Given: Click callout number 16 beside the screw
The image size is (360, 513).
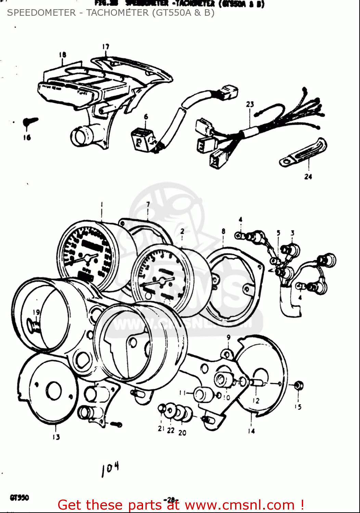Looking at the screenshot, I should (27, 137).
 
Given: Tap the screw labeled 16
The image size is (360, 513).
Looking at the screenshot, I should (30, 122).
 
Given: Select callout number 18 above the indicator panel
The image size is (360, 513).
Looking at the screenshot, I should (62, 55).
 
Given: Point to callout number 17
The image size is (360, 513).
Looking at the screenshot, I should (105, 47).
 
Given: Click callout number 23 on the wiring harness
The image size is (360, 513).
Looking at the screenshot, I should (250, 104).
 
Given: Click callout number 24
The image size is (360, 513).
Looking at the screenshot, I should (308, 176).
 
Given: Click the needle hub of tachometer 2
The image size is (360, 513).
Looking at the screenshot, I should (161, 282).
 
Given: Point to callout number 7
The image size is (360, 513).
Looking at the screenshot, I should (148, 204).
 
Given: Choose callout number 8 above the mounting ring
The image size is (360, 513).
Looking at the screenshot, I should (223, 231).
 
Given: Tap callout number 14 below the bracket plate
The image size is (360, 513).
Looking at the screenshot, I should (252, 431).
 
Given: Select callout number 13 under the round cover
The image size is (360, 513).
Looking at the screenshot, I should (56, 437).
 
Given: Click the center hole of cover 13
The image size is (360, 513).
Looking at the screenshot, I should (54, 390).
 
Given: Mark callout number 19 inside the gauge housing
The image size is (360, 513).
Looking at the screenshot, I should (36, 312).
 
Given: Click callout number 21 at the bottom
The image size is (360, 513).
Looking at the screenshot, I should (161, 429).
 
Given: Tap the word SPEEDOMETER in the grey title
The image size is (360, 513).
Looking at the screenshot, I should (41, 13).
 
